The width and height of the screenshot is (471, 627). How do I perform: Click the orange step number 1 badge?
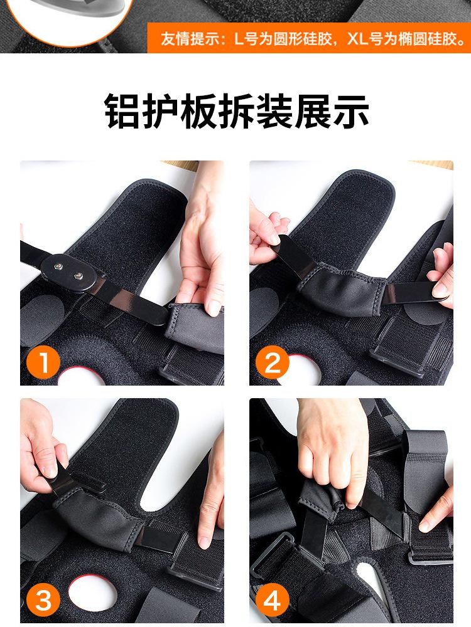click(x=43, y=363)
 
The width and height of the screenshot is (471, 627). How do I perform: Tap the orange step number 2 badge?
click(x=273, y=363)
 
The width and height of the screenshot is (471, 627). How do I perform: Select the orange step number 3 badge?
click(x=43, y=600)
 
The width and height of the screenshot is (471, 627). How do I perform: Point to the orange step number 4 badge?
click(x=273, y=600)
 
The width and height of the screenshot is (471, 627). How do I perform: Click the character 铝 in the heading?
click(x=123, y=111)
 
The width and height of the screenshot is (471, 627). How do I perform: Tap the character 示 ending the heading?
click(x=350, y=111)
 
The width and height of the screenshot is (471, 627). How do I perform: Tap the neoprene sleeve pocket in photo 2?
click(x=342, y=288)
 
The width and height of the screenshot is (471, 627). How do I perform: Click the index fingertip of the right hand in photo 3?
click(x=205, y=541)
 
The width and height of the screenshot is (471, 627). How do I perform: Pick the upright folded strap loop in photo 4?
click(x=425, y=472)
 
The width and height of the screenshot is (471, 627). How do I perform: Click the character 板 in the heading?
click(x=198, y=111)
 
